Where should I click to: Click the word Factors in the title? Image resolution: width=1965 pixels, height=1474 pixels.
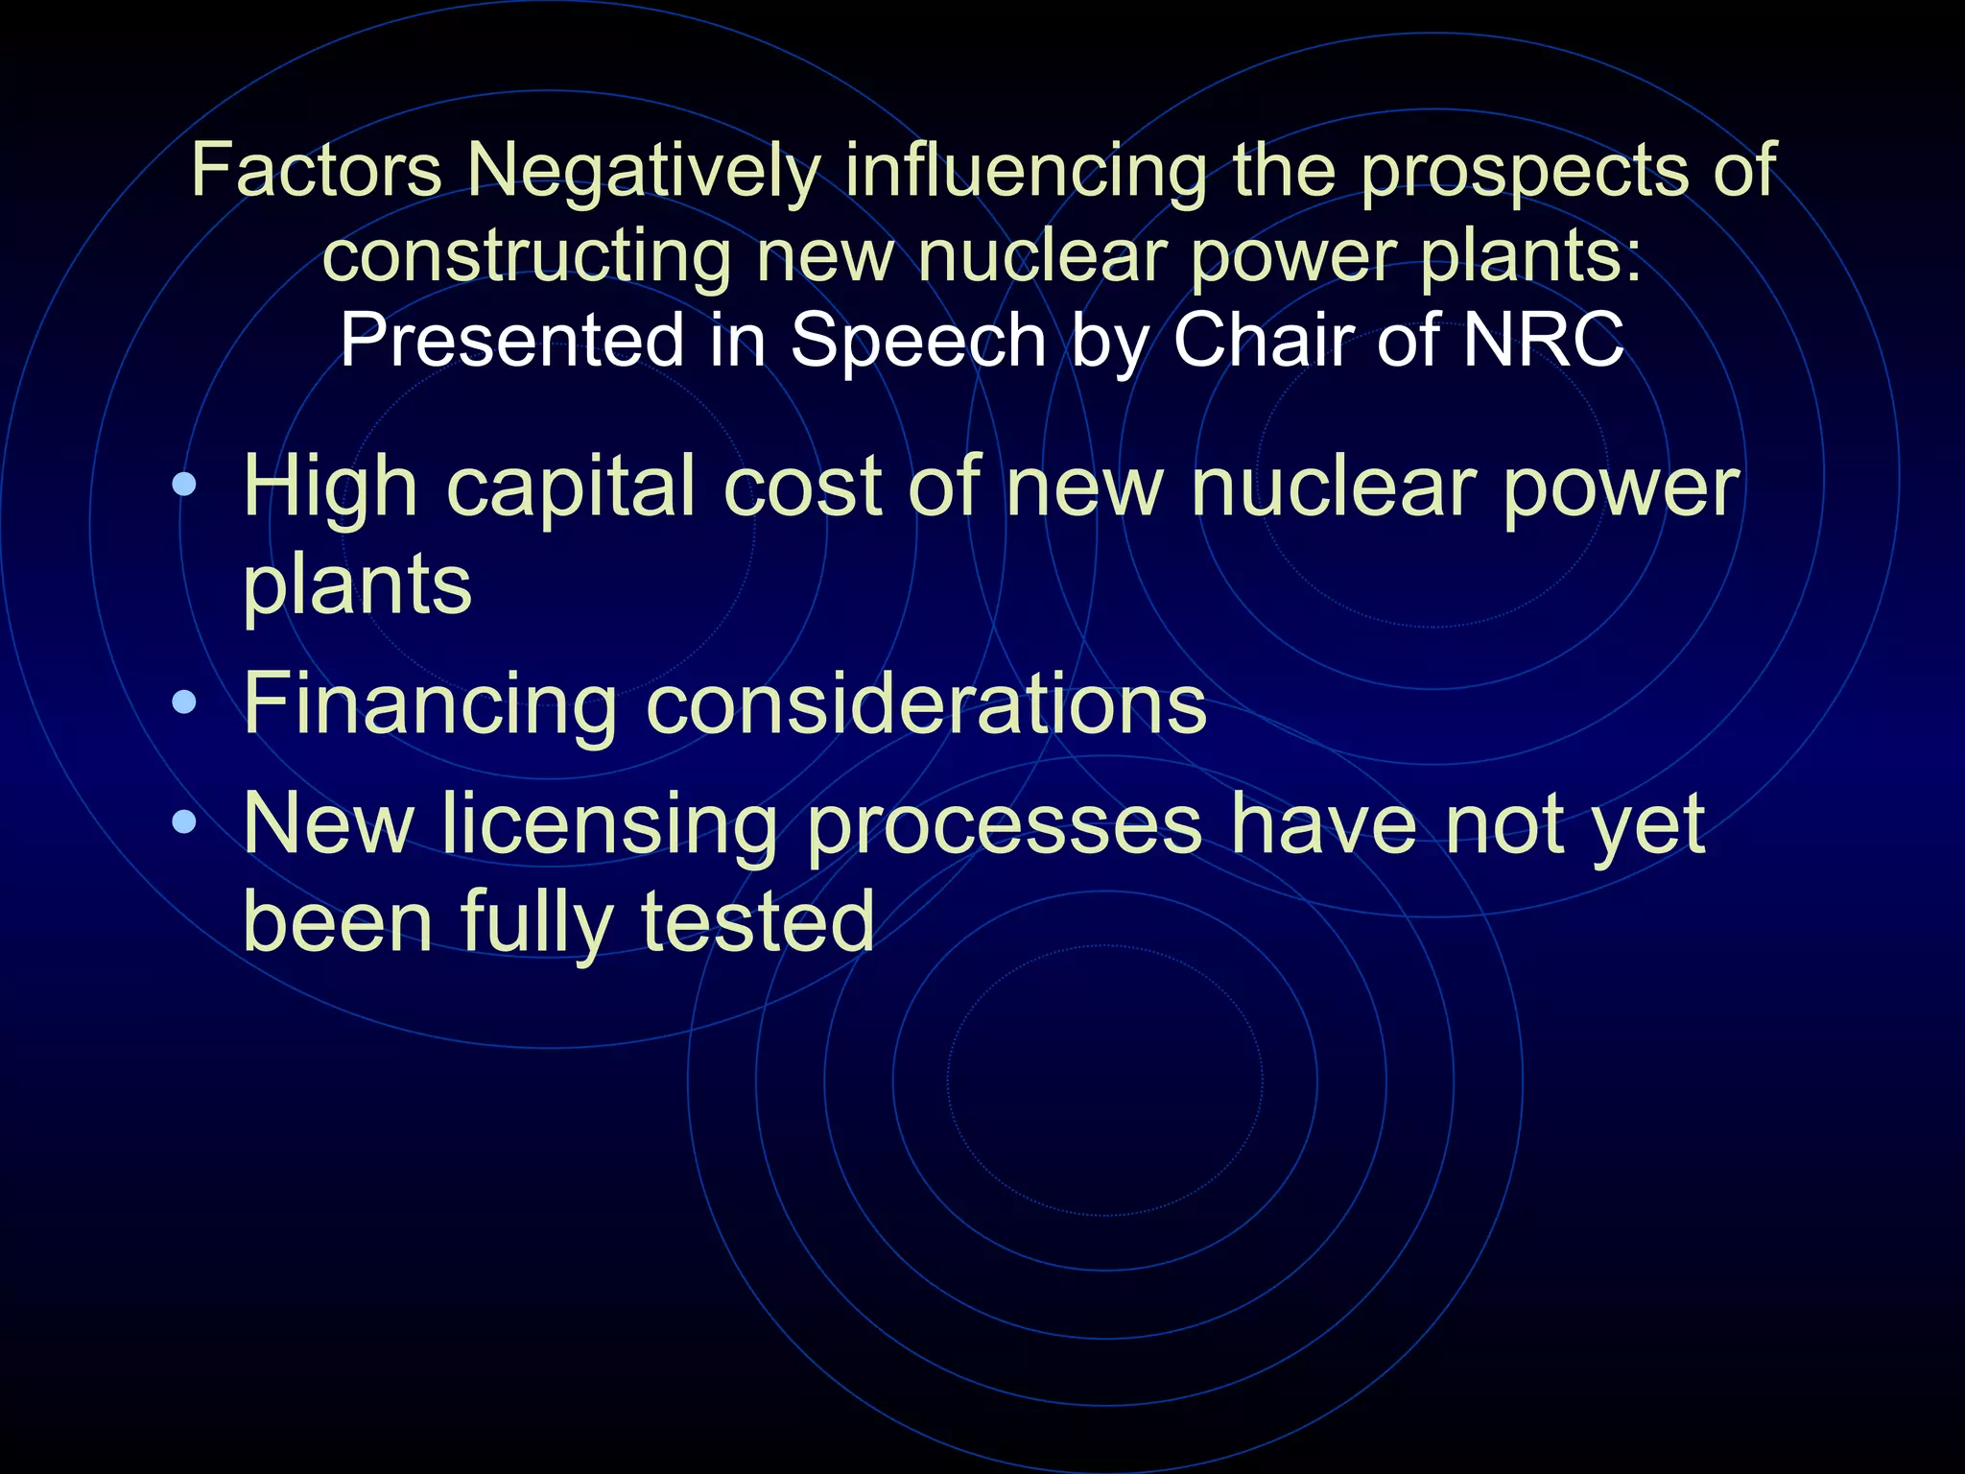tap(317, 171)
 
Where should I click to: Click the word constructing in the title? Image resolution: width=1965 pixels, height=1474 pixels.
tap(526, 257)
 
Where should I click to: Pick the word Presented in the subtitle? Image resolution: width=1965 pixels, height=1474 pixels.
tap(511, 341)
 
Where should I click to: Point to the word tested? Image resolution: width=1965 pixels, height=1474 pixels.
tap(757, 921)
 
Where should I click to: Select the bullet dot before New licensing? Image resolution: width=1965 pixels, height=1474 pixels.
tap(184, 823)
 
